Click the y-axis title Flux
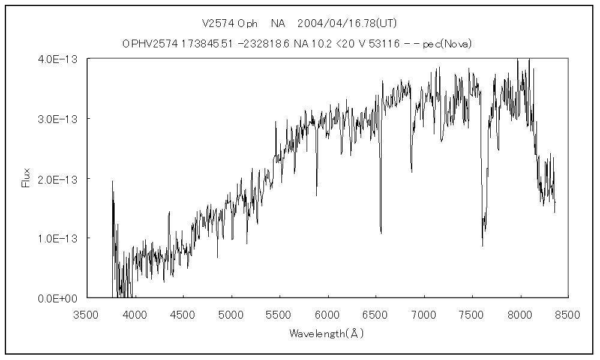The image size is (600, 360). (26, 178)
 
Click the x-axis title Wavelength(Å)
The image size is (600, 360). (327, 333)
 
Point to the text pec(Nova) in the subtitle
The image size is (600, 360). (447, 43)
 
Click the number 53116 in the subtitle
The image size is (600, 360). (385, 43)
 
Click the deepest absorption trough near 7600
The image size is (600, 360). (482, 245)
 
